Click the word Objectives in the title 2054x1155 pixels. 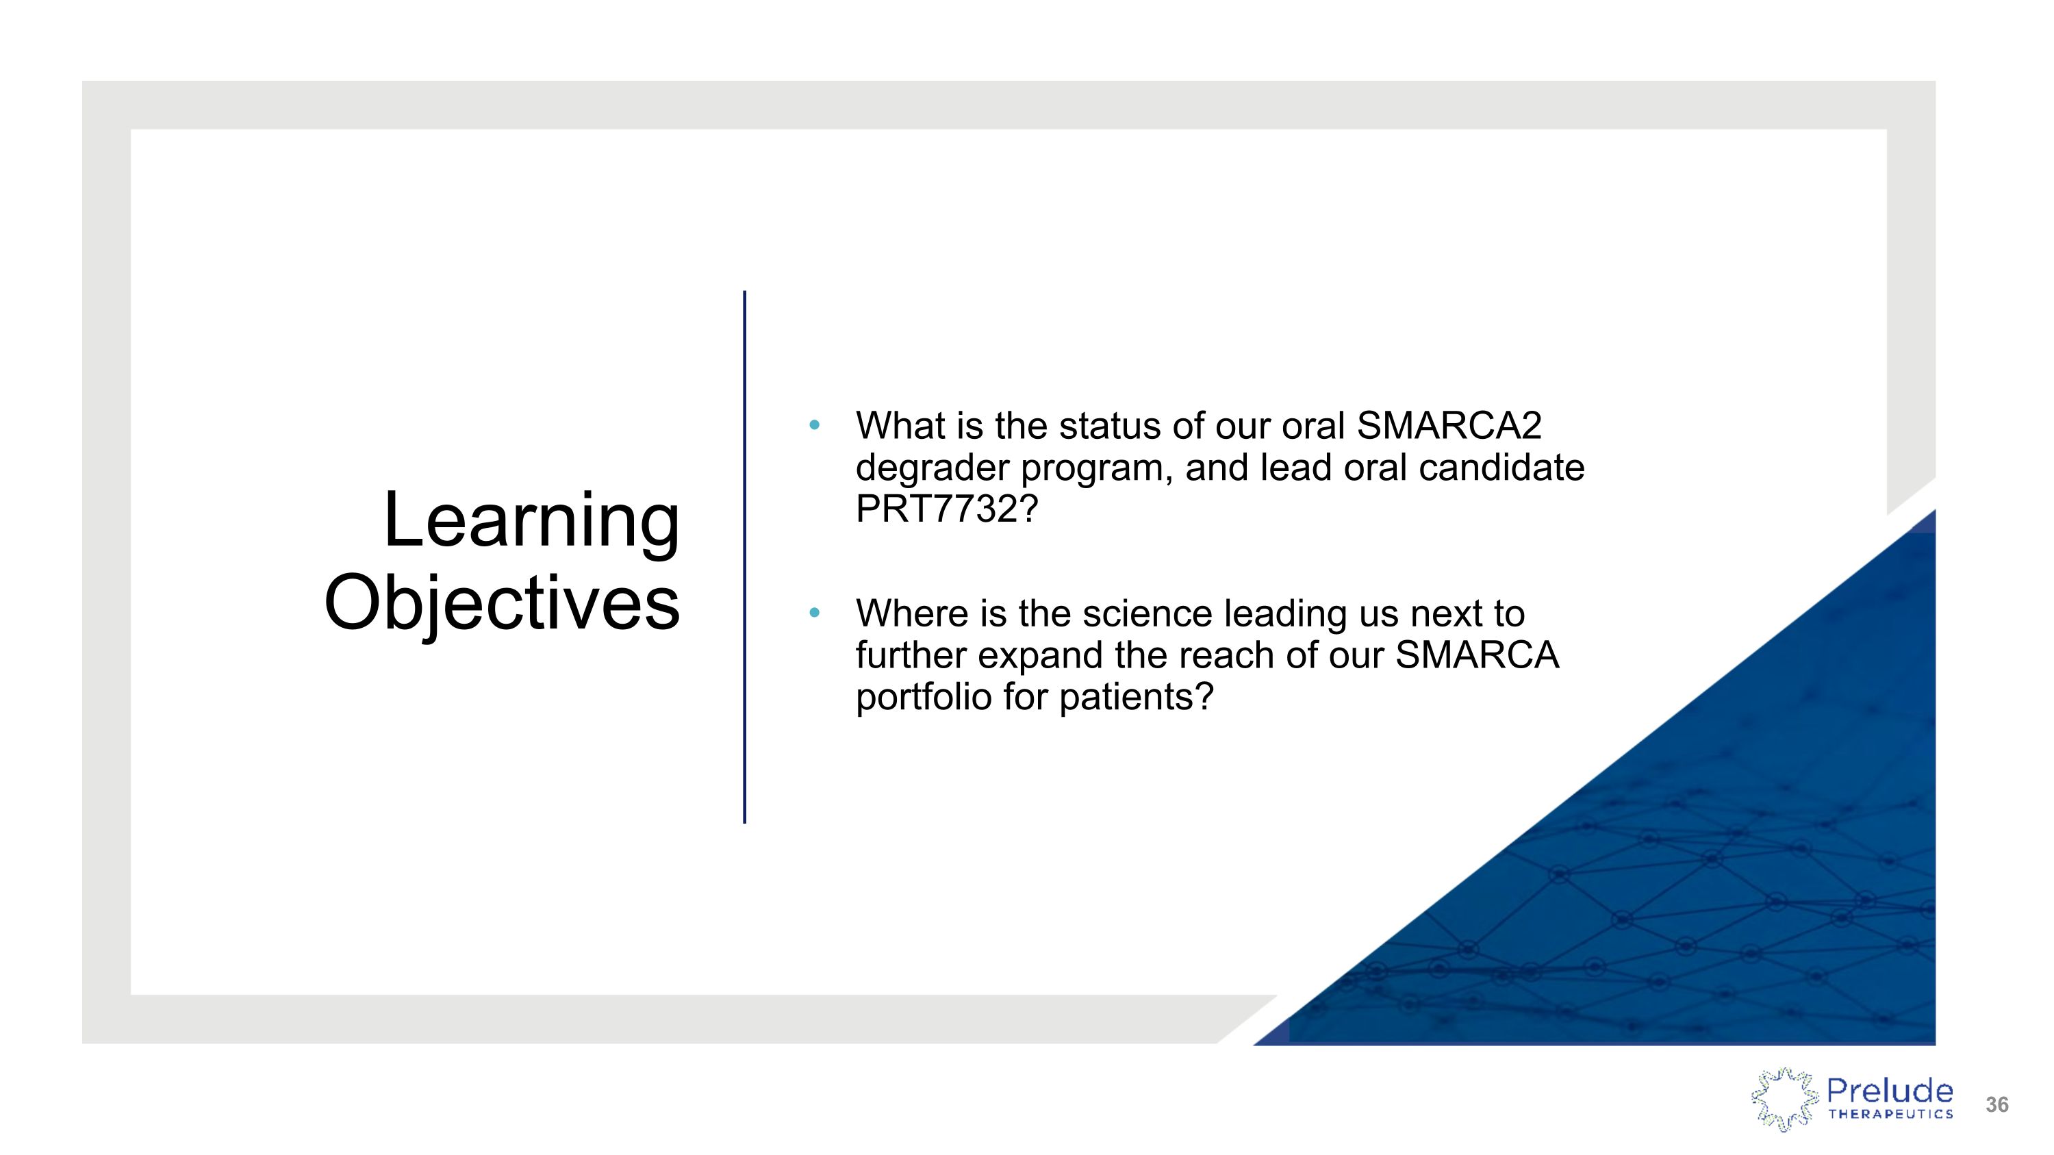[503, 603]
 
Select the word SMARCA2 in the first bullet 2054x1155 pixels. [1449, 426]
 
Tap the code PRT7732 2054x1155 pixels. [937, 509]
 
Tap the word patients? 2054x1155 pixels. [1137, 697]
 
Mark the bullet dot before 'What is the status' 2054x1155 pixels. [814, 425]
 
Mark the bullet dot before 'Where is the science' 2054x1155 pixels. [814, 613]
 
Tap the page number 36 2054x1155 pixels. [1996, 1105]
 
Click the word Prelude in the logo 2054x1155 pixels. [1890, 1090]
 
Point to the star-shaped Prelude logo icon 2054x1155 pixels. [1784, 1100]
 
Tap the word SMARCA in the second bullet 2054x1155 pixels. [1478, 655]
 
